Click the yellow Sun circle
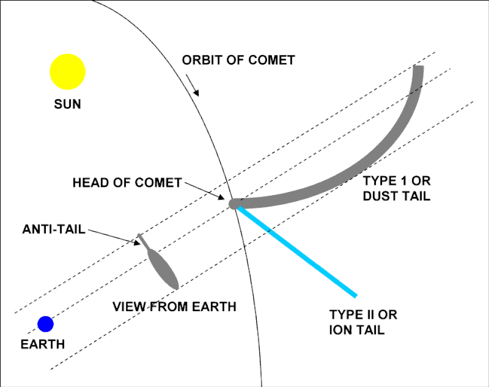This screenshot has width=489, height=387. point(67,72)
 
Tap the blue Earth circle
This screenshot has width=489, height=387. point(45,324)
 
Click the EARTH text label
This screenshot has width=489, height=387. point(43,344)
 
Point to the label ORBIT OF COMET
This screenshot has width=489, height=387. point(238,60)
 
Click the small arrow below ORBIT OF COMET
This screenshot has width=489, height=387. point(194,86)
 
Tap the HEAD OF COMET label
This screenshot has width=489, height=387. point(127,182)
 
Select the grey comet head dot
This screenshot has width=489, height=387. point(234,204)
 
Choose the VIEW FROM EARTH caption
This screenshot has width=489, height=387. point(175,307)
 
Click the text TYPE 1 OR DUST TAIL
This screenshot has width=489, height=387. point(396,188)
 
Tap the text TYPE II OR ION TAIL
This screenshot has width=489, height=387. point(363,322)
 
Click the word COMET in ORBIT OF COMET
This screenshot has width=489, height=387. point(272,60)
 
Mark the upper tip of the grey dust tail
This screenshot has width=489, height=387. point(418,69)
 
